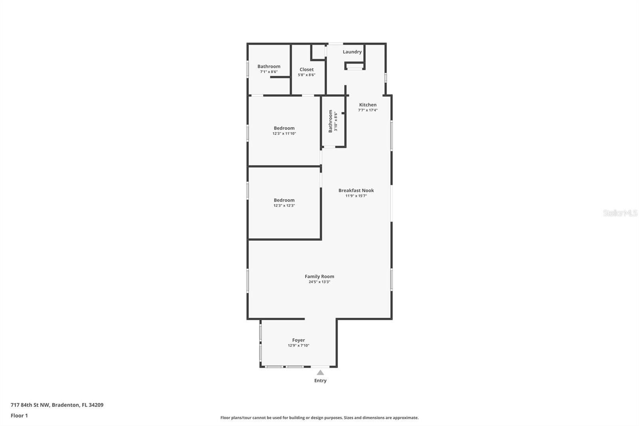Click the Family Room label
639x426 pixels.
click(319, 277)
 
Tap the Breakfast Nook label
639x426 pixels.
click(356, 191)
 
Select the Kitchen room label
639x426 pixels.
click(368, 105)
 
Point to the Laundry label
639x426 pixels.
click(352, 52)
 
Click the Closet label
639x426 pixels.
click(306, 70)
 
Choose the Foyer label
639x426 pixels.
click(298, 340)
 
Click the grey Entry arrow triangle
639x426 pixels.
click(320, 372)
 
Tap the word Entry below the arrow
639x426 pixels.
click(320, 380)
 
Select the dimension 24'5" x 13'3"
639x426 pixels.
click(319, 282)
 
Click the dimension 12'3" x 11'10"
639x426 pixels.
click(284, 133)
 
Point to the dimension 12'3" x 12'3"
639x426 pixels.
click(284, 205)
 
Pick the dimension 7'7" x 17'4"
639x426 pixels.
click(368, 110)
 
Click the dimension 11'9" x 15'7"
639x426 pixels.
click(356, 195)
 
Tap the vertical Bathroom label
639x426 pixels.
click(330, 121)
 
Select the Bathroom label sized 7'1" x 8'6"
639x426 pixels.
click(269, 66)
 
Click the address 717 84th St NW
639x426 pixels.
click(30, 405)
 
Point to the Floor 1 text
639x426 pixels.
click(20, 416)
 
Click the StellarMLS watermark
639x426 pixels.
click(620, 213)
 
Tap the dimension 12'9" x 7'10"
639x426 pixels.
click(298, 346)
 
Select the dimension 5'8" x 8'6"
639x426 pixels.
click(306, 75)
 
